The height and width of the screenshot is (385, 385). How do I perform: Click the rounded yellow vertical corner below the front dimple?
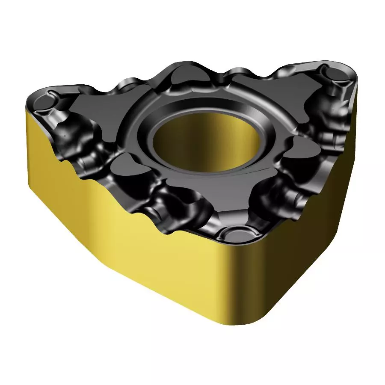pyautogui.click(x=240, y=299)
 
